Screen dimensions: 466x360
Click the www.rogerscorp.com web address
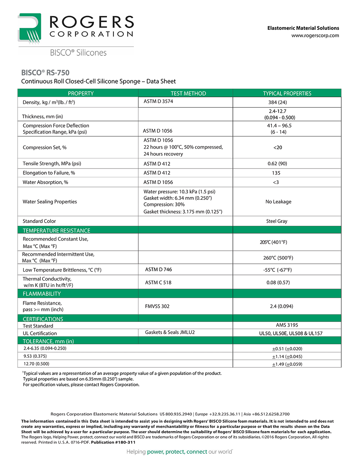(x=315, y=35)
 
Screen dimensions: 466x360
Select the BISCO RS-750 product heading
(x=45, y=72)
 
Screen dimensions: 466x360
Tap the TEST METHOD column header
(x=188, y=93)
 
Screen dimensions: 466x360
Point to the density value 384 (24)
(x=277, y=102)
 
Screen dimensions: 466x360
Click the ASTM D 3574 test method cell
(x=158, y=101)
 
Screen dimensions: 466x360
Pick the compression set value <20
(x=278, y=147)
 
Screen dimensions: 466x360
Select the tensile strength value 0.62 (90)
(x=277, y=163)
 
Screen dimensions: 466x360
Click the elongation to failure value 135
(x=276, y=173)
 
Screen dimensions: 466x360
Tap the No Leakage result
(x=278, y=202)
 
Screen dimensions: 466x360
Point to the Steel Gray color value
(x=276, y=221)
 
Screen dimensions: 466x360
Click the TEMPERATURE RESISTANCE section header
(x=57, y=230)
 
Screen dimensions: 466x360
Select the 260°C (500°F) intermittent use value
(x=278, y=258)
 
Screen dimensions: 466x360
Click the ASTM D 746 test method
(x=158, y=269)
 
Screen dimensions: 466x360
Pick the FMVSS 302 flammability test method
(x=157, y=306)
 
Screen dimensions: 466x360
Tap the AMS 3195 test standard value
(x=287, y=325)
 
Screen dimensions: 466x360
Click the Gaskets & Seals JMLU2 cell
(x=170, y=332)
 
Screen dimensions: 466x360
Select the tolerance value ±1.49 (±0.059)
(x=287, y=364)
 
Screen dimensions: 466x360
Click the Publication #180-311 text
(x=113, y=442)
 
